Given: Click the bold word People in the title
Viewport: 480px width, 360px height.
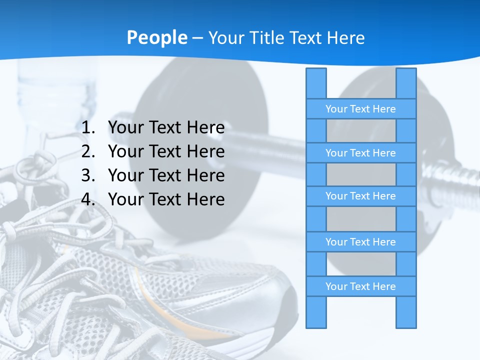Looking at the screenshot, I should pyautogui.click(x=157, y=37).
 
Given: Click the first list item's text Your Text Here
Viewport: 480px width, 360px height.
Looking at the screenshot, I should pyautogui.click(x=166, y=128).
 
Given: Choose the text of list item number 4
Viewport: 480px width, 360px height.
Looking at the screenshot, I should pyautogui.click(x=166, y=199).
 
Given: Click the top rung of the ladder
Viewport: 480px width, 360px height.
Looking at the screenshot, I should pyautogui.click(x=360, y=109).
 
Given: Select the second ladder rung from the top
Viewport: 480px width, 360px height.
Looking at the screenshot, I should pyautogui.click(x=360, y=153).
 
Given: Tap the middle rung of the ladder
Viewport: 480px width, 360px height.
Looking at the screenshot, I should pyautogui.click(x=360, y=196).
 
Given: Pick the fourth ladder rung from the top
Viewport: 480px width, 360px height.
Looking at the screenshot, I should pyautogui.click(x=360, y=242).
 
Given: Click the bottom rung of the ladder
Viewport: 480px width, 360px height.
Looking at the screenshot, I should pyautogui.click(x=360, y=286).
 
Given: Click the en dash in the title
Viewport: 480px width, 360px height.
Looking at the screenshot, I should pyautogui.click(x=197, y=38).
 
